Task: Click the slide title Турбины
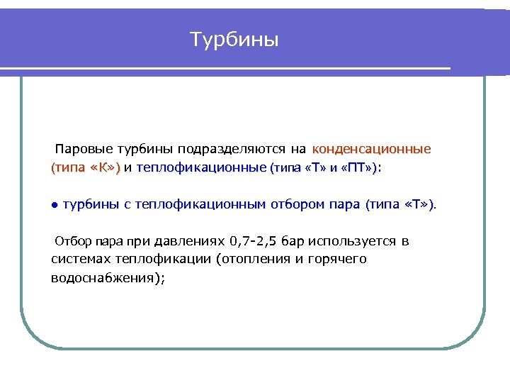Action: [x=234, y=40]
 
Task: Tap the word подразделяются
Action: [x=233, y=150]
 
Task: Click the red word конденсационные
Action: [x=371, y=150]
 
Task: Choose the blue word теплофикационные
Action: [x=201, y=168]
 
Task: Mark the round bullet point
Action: [x=54, y=206]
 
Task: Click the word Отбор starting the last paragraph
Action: [x=74, y=241]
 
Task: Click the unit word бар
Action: [x=293, y=241]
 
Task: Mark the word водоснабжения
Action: [x=106, y=278]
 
